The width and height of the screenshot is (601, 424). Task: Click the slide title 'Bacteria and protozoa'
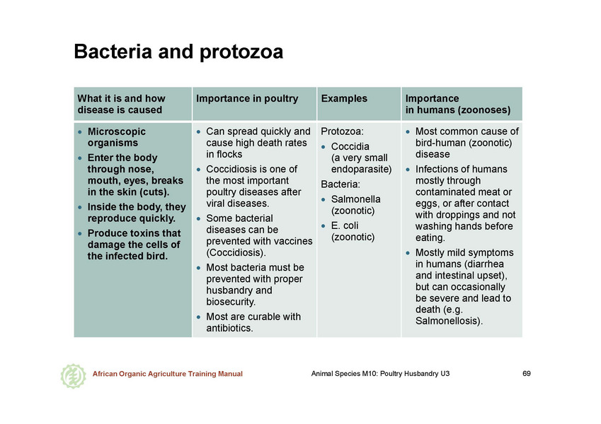pos(178,52)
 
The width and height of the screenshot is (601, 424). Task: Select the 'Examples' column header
pos(344,98)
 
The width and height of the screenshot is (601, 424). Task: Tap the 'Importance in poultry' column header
pos(247,98)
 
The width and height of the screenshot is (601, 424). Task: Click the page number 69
pos(527,374)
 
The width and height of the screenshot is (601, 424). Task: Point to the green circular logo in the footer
pos(73,376)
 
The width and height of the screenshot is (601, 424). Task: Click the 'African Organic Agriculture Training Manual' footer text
pos(168,374)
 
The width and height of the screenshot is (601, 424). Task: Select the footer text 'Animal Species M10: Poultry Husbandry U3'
pos(380,374)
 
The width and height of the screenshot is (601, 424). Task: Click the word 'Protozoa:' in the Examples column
pos(343,131)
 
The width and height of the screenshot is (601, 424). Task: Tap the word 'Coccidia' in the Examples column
pos(350,146)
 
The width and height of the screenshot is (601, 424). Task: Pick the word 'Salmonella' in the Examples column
pos(355,199)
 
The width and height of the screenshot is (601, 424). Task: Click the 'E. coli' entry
pos(345,225)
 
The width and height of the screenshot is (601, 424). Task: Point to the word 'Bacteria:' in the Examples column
pos(340,184)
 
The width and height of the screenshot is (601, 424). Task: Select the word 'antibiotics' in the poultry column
pos(229,328)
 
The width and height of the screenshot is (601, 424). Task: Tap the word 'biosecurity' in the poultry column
pos(230,302)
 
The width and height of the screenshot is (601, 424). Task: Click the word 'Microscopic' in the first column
pos(117,131)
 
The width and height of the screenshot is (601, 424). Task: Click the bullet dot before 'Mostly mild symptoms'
pos(408,253)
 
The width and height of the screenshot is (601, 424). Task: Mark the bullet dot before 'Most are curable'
pos(198,317)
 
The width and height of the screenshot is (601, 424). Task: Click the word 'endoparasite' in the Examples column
pos(360,169)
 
